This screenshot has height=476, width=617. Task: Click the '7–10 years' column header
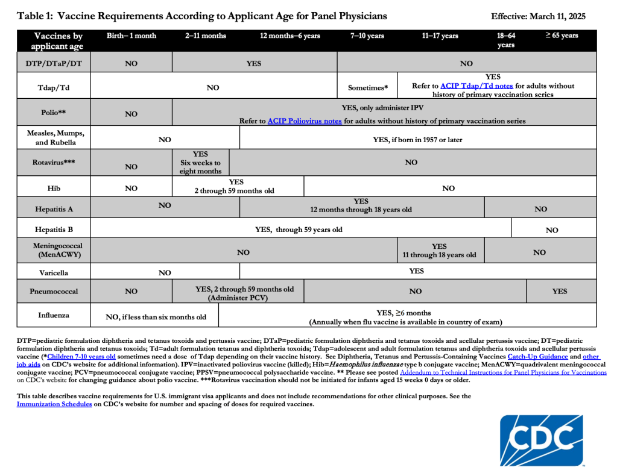pos(367,36)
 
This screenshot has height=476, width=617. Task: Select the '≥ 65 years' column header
pos(562,36)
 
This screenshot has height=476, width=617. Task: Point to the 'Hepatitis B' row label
pos(54,230)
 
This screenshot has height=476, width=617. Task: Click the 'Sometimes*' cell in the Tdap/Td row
pos(368,88)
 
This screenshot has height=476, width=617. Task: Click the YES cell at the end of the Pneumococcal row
pos(560,292)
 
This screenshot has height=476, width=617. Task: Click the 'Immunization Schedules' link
pos(54,404)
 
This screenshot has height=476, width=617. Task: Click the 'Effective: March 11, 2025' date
pos(538,16)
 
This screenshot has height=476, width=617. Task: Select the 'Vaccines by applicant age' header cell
pos(59,41)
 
